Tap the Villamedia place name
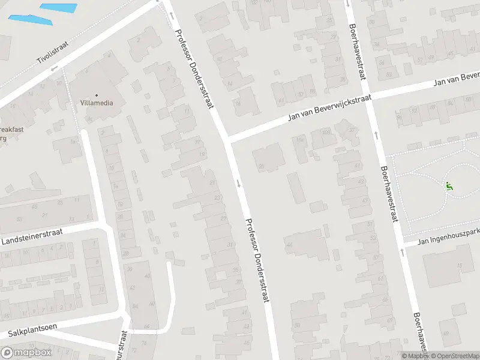tap(96, 103)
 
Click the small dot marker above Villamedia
tap(96, 95)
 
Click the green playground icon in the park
tap(449, 186)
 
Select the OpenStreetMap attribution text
tap(454, 356)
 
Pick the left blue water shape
tap(30, 19)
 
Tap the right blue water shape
tap(58, 8)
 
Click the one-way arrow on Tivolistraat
tap(53, 68)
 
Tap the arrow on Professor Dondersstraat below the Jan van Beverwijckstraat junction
tap(239, 183)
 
